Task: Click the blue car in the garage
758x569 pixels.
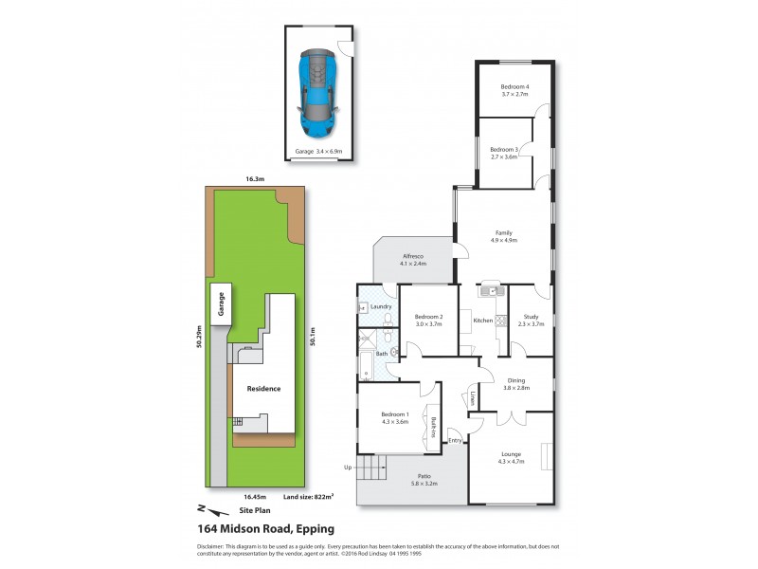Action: click(x=318, y=93)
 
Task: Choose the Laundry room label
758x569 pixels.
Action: click(x=381, y=306)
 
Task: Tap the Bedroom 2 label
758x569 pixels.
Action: click(x=428, y=320)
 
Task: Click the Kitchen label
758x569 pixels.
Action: click(x=483, y=321)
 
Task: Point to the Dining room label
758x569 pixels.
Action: click(x=514, y=383)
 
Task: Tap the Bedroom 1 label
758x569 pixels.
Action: click(x=395, y=417)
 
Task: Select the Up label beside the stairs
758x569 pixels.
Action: click(x=348, y=468)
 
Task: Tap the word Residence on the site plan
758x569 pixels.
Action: click(x=264, y=389)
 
